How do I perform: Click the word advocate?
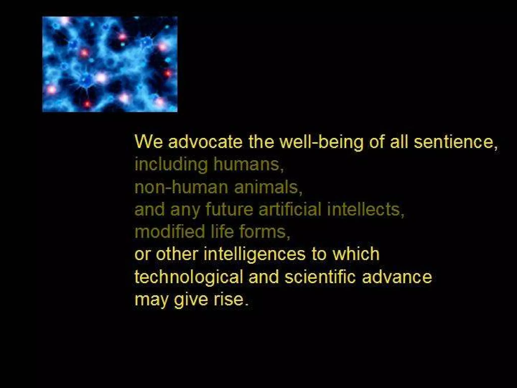(205, 142)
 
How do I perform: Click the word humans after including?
(247, 164)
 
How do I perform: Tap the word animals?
(266, 187)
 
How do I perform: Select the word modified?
(170, 232)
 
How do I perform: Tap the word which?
(356, 254)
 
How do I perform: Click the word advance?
(397, 277)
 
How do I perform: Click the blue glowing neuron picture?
(110, 64)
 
